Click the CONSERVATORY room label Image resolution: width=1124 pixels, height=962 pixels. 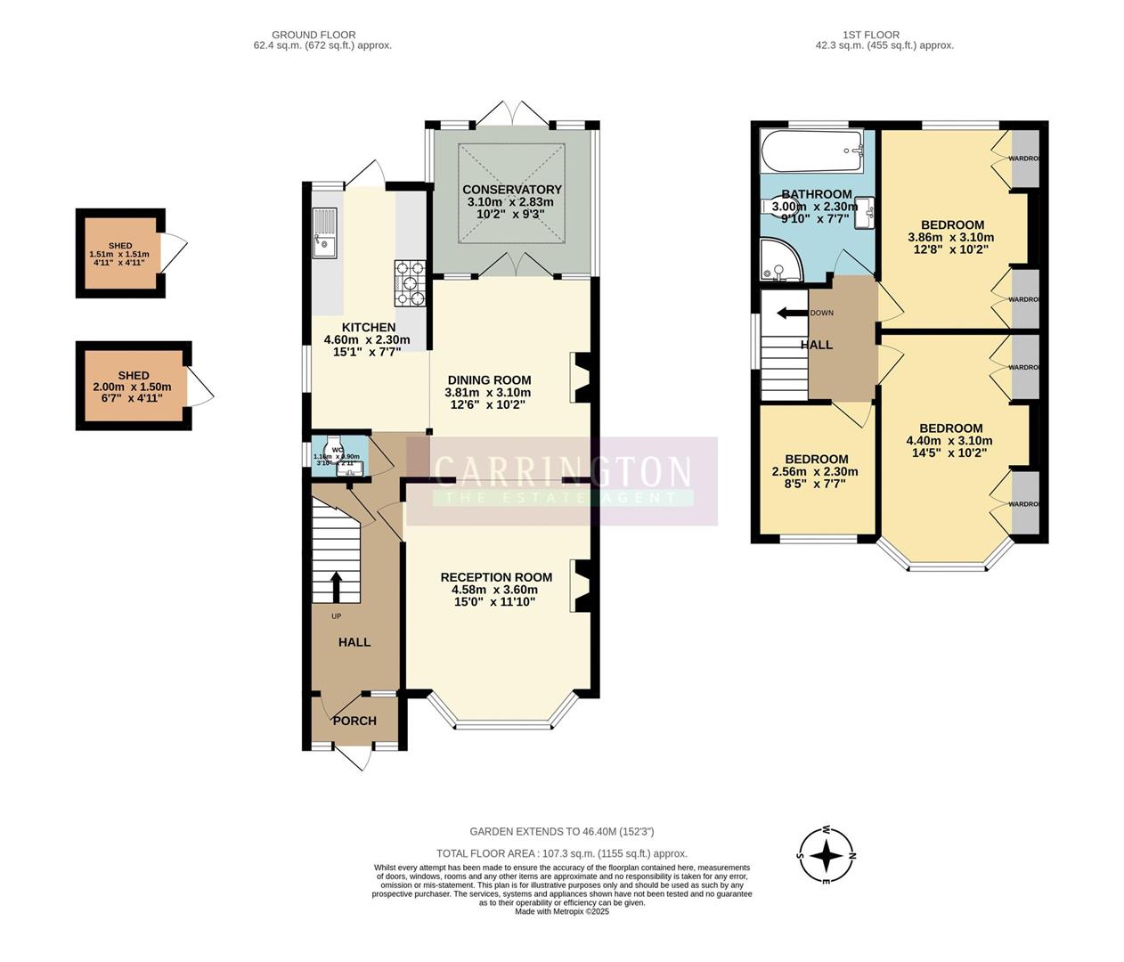(511, 190)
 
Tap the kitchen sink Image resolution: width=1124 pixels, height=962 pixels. (326, 232)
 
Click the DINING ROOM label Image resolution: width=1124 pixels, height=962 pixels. (489, 380)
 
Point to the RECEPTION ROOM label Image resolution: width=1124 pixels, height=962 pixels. (496, 577)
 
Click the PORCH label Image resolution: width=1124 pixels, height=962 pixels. (354, 721)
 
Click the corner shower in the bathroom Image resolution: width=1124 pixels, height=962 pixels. (780, 259)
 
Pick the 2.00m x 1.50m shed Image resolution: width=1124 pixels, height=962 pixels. (133, 387)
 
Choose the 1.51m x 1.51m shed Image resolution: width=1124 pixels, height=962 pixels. (119, 253)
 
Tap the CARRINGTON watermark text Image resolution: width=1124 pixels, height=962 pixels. (562, 470)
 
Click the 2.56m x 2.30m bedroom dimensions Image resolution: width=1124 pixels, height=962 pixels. (815, 472)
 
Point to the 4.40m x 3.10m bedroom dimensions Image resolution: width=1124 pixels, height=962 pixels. (949, 440)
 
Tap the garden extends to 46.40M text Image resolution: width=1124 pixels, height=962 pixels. (562, 832)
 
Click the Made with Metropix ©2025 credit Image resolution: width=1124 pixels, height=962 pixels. (562, 911)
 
